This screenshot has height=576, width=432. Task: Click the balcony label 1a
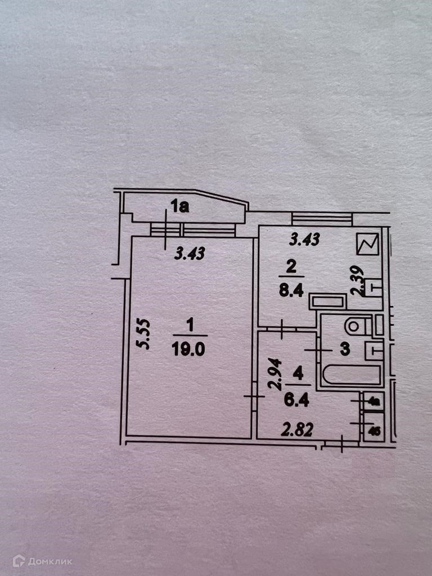tap(180, 207)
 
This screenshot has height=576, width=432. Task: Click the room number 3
tap(344, 349)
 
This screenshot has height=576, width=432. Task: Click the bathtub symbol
tap(348, 375)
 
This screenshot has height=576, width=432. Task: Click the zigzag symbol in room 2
tap(368, 245)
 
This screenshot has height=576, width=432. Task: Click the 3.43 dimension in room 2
tap(304, 240)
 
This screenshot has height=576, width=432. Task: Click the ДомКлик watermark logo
tap(43, 560)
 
